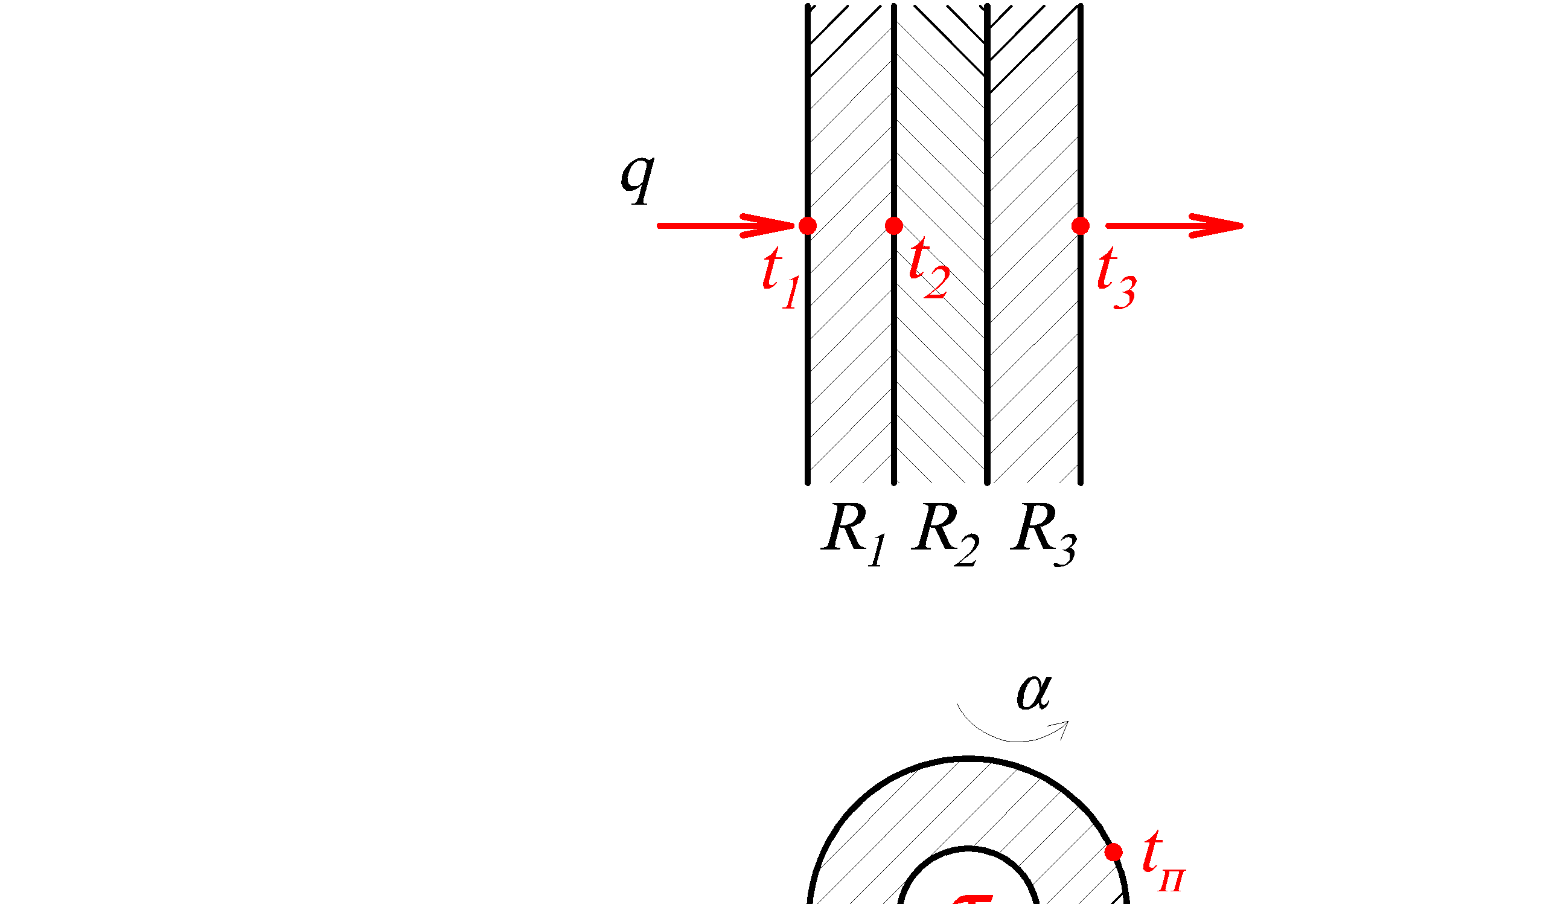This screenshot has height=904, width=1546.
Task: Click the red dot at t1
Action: tap(807, 226)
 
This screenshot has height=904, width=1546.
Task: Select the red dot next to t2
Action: tap(894, 226)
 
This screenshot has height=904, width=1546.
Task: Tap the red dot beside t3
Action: tap(1081, 226)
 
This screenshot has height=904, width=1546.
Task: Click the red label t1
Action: tap(781, 277)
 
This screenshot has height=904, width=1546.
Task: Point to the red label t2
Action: tap(929, 269)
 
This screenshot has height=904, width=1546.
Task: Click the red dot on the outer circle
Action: tap(1114, 853)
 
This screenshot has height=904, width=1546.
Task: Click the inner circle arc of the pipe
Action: tap(968, 850)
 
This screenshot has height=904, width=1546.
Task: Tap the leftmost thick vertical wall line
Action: tap(807, 368)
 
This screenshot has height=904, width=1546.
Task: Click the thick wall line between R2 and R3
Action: tap(987, 368)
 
